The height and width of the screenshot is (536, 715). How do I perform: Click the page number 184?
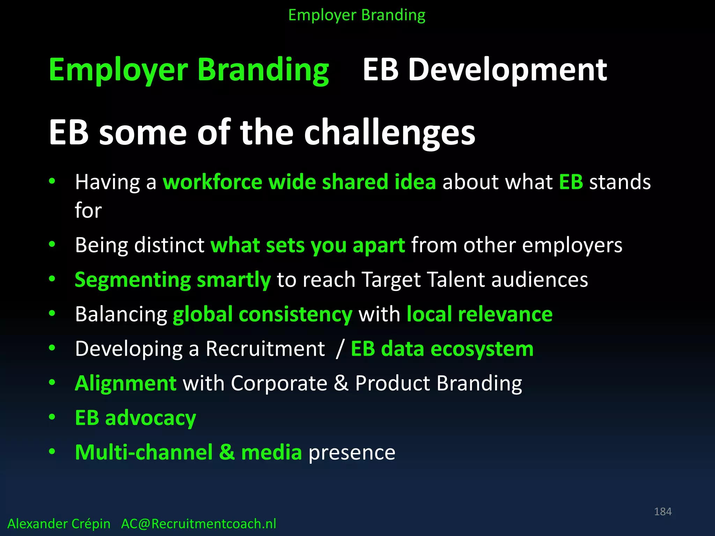663,512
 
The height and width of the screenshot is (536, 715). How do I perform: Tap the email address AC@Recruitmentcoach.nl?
198,524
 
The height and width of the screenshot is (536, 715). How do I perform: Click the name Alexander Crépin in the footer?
59,524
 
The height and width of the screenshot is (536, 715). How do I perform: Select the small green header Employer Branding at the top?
357,15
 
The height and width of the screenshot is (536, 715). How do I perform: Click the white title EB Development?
485,70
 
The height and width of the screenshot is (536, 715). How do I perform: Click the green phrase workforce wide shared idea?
299,182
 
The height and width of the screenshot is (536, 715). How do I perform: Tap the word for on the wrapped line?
88,210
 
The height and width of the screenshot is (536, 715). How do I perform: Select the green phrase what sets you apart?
308,245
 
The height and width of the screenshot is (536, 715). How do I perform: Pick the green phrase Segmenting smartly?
172,280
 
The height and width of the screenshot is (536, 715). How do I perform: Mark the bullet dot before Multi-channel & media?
52,452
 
